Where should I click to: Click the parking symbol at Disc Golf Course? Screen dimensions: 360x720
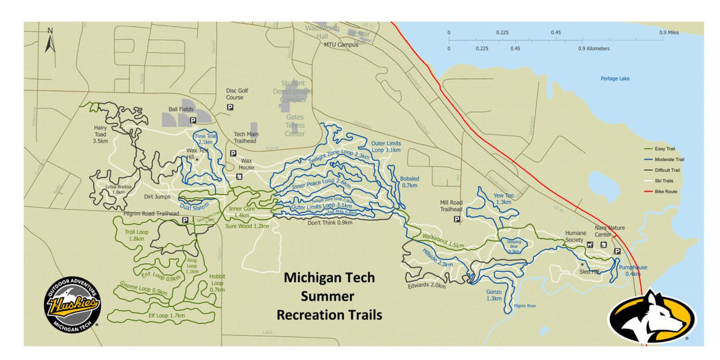coord(230,107)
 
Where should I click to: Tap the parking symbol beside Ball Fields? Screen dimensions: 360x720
coord(193,121)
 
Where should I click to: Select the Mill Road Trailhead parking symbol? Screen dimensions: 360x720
coord(457,220)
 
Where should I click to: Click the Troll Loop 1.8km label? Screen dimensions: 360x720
coord(136,235)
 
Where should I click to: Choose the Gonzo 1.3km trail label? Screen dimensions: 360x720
coord(493,295)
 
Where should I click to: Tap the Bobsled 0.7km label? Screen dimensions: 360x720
coord(410,182)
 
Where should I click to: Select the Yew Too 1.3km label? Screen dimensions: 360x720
coord(503,199)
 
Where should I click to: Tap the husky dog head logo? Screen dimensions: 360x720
coord(652,316)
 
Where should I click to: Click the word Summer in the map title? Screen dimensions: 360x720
coord(328,296)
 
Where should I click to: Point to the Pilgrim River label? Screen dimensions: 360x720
coord(524,306)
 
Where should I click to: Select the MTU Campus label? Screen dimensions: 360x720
coord(341,44)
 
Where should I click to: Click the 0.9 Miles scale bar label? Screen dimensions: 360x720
coord(669,32)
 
